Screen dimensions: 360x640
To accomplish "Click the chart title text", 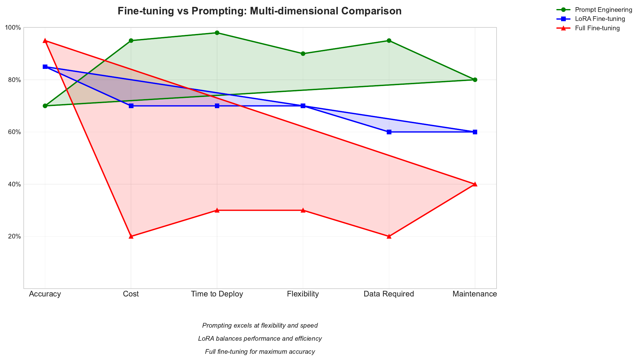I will tap(259, 11).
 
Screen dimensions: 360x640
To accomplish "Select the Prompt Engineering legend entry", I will tap(603, 10).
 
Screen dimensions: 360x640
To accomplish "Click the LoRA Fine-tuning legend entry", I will tap(600, 19).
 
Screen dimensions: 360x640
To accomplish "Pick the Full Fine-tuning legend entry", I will tap(597, 28).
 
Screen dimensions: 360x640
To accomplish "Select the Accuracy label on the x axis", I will tap(45, 294).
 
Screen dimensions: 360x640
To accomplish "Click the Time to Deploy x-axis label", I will tap(217, 294).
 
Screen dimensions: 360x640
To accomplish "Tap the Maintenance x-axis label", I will tap(475, 294).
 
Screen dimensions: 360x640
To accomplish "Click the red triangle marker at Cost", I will tap(131, 236).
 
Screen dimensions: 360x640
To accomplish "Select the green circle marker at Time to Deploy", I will tap(217, 33).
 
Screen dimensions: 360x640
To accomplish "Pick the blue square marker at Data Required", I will tap(389, 132).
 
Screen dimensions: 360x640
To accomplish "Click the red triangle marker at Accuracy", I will tap(45, 41).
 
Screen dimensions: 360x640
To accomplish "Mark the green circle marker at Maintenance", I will tap(475, 80).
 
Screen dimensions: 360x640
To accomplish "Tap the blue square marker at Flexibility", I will tap(303, 106).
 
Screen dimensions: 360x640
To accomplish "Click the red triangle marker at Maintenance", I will tap(475, 184).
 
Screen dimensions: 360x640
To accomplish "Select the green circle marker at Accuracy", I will tap(45, 106).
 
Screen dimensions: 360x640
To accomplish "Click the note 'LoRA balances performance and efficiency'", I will tap(260, 339).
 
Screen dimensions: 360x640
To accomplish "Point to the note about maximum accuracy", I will tap(260, 352).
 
